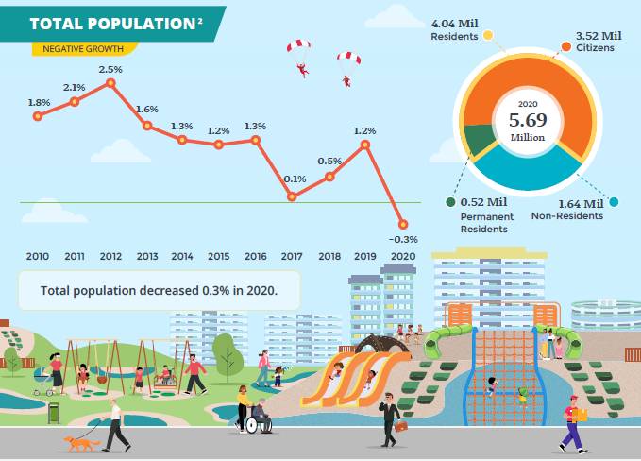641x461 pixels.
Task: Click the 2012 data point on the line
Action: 110,83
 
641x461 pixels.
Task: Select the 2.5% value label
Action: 110,69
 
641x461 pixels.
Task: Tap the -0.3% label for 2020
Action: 402,239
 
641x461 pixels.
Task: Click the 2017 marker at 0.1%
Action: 293,196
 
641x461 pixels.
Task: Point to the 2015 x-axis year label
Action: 219,256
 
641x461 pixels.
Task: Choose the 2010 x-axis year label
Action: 38,256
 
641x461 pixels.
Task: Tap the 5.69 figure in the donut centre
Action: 528,120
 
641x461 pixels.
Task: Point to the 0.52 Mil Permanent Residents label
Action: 485,215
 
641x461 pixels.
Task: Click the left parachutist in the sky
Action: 300,57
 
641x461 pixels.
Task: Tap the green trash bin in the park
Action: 54,413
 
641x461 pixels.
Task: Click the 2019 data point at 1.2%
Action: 365,145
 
